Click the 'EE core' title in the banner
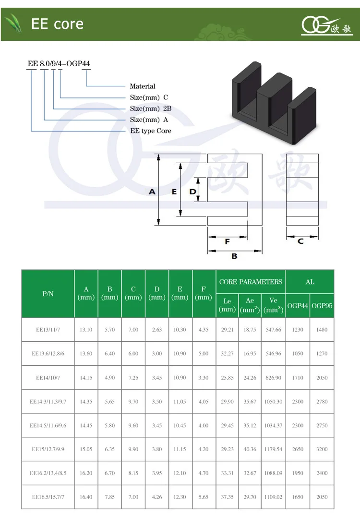(x=57, y=24)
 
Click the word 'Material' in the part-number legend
(x=143, y=86)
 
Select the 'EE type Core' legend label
(x=150, y=131)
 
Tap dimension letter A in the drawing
(x=152, y=192)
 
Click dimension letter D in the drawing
(x=192, y=192)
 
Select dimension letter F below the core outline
(x=228, y=242)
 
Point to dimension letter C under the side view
(x=300, y=241)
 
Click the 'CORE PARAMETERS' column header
(x=251, y=282)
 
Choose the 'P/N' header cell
(x=48, y=294)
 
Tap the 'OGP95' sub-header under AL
(x=322, y=306)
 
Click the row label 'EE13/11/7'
(x=48, y=330)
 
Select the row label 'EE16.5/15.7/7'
(x=48, y=497)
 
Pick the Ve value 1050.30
(x=273, y=401)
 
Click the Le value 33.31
(x=227, y=473)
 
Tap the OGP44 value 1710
(x=298, y=378)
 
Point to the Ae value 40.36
(x=250, y=449)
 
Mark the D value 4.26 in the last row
(x=156, y=497)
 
